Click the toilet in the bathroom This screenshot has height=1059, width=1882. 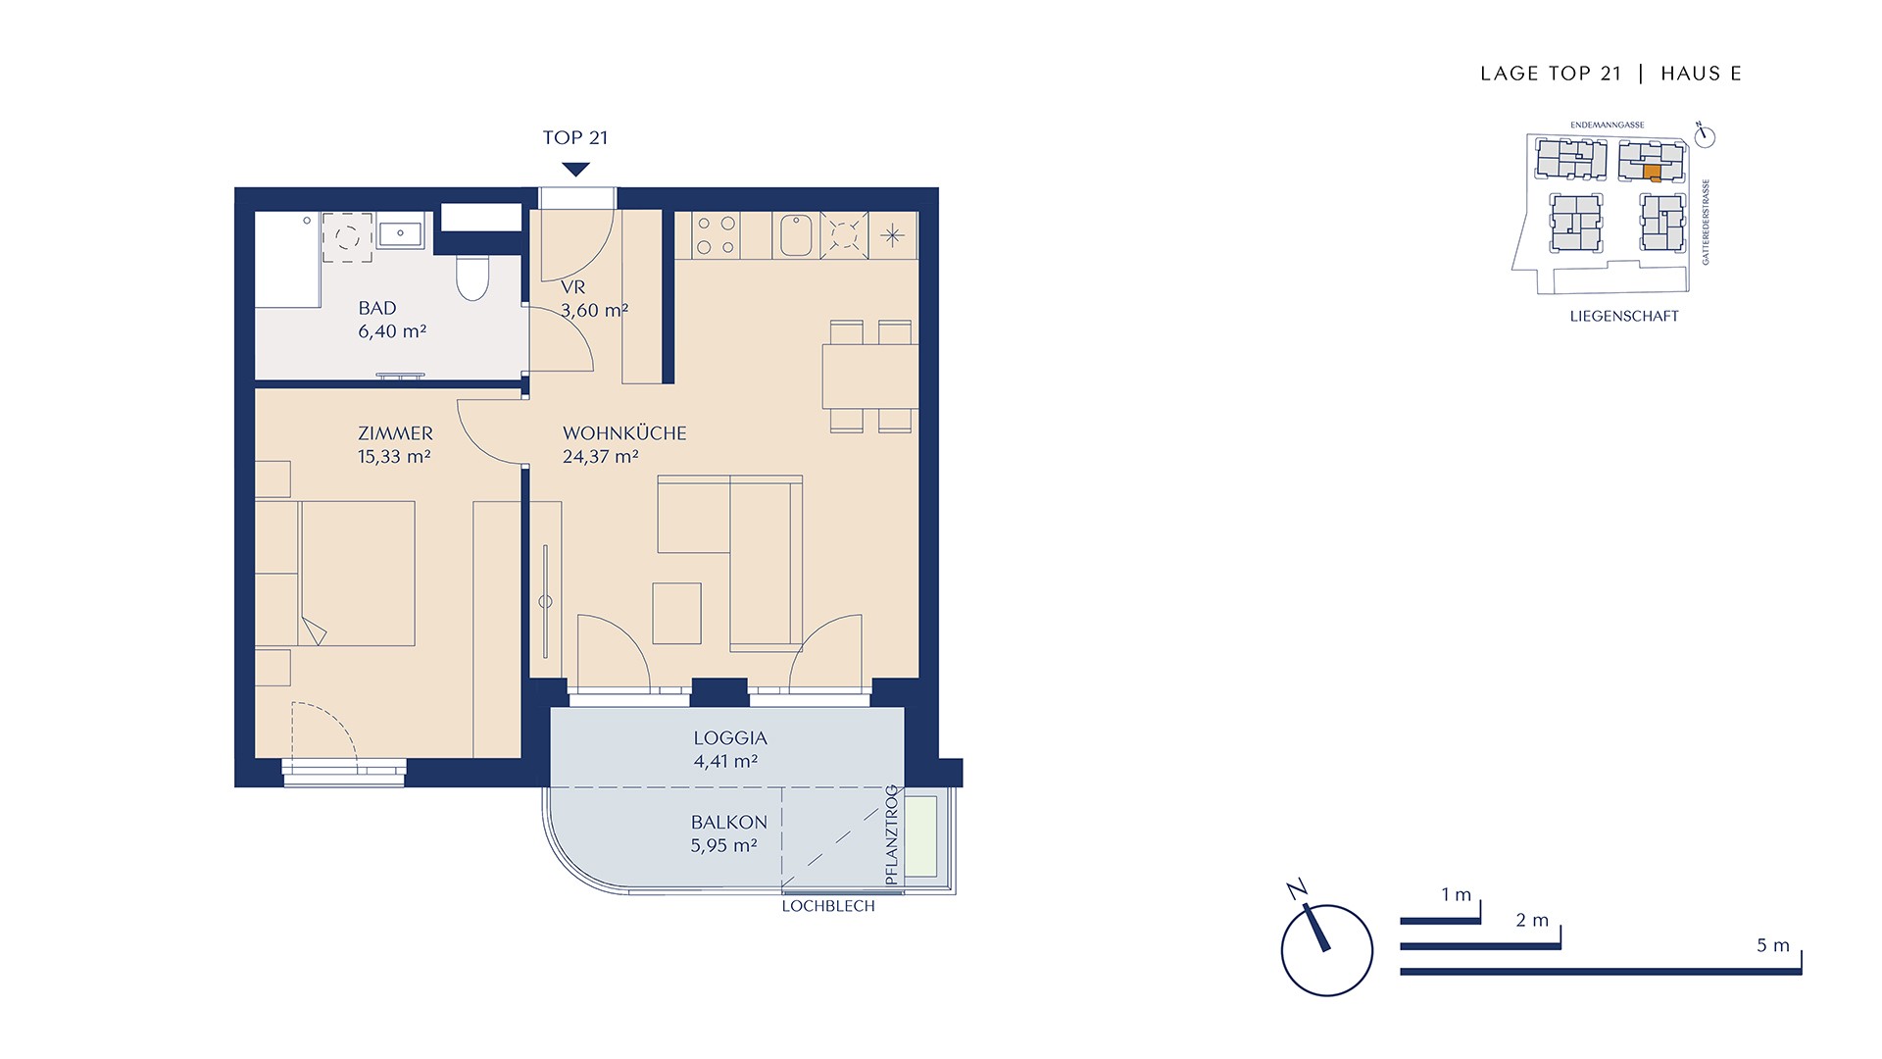tap(472, 277)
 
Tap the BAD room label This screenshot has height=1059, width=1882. tap(377, 308)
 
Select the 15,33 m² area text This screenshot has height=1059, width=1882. tap(394, 456)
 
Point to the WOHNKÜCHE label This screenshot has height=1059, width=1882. tap(624, 432)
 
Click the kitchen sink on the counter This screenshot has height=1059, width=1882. tap(796, 235)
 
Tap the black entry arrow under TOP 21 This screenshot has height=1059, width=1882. tap(575, 170)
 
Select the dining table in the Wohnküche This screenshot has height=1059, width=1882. tap(870, 377)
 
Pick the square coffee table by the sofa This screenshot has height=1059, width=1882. tap(676, 613)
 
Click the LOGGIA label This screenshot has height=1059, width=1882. tap(730, 738)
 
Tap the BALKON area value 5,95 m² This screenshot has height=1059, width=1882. tap(724, 845)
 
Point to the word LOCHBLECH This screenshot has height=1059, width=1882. tap(828, 906)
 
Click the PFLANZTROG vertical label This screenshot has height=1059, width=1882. tap(891, 835)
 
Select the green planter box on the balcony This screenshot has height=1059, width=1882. tap(921, 836)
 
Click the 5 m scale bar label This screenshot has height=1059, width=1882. tap(1772, 945)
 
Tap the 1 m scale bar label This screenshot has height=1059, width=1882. tap(1456, 894)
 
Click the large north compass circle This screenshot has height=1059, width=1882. tap(1327, 950)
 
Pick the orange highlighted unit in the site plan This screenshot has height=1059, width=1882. tap(1652, 174)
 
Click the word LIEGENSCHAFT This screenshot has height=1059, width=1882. tap(1624, 316)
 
